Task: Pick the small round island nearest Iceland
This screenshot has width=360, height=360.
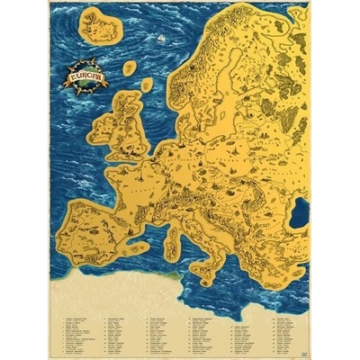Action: click(130, 67)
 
